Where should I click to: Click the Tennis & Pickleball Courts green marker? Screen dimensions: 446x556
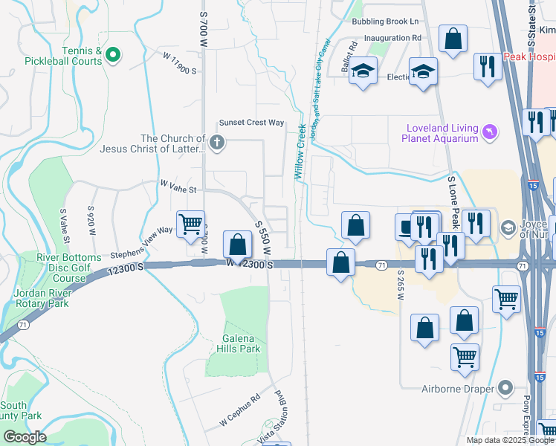[x=113, y=54]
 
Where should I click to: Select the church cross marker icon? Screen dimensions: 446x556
[x=216, y=143]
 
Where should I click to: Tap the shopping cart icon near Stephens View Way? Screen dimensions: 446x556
[x=191, y=222]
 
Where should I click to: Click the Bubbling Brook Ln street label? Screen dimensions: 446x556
[x=385, y=22]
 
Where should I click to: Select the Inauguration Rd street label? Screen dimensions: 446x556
[x=387, y=38]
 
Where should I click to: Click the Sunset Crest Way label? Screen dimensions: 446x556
[x=251, y=123]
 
